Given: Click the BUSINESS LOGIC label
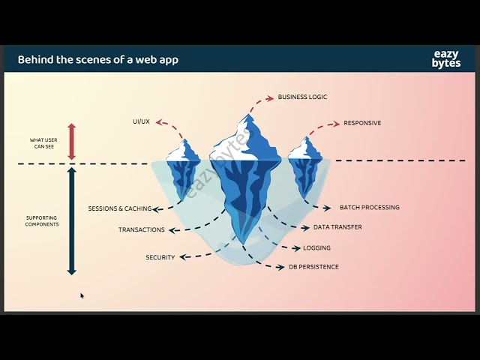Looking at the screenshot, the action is coord(302,97).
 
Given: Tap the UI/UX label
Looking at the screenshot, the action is coord(142,121).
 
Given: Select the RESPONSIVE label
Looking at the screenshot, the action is coord(362,123).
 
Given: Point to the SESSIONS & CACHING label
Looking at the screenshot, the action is coord(120,208).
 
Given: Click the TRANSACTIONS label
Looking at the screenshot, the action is coord(142,229).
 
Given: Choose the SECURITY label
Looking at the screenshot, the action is coord(160,257).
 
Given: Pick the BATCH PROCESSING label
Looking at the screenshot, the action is coord(370,207).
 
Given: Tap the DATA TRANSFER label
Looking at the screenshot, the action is coord(337,227).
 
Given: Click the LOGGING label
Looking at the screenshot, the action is coord(316,248).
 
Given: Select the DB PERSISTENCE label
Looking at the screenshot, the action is coord(313,267).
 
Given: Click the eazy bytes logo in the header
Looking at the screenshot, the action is coord(446,58).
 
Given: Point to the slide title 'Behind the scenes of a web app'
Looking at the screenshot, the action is coord(98,59).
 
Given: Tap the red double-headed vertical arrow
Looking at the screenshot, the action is coord(72,142).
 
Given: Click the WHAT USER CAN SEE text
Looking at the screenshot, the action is coord(43,143).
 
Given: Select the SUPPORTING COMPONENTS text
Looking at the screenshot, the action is coord(42,221).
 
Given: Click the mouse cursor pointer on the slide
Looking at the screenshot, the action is coord(82,295).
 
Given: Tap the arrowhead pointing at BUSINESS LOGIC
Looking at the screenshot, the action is coord(270,98).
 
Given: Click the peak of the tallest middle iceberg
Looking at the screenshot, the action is coord(248,114).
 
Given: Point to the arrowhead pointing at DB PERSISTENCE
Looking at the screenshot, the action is coord(280,268).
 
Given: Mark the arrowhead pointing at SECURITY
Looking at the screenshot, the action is coord(183,257).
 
